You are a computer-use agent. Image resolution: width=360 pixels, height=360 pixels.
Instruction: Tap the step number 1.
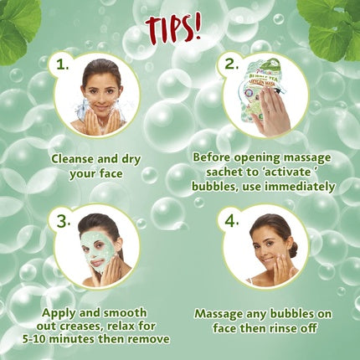58,64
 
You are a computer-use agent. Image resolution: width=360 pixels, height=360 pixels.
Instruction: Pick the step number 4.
228,222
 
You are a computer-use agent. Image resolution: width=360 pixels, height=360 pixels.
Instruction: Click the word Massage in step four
222,313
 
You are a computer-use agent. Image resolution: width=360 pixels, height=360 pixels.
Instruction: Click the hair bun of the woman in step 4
292,249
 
